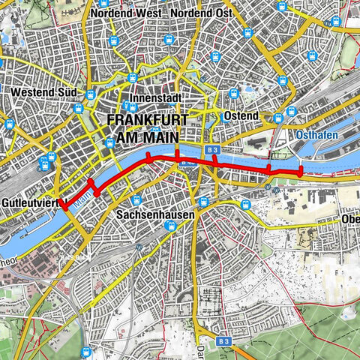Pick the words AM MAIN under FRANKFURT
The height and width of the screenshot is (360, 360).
click(156, 137)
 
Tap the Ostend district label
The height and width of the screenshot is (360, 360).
click(241, 116)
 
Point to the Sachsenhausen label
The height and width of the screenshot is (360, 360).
click(155, 214)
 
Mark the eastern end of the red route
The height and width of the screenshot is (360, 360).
click(301, 172)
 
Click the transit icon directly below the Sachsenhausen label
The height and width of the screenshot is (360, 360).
click(169, 226)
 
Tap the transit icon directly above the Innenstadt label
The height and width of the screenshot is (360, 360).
click(133, 77)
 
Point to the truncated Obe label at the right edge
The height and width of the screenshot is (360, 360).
click(350, 219)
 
